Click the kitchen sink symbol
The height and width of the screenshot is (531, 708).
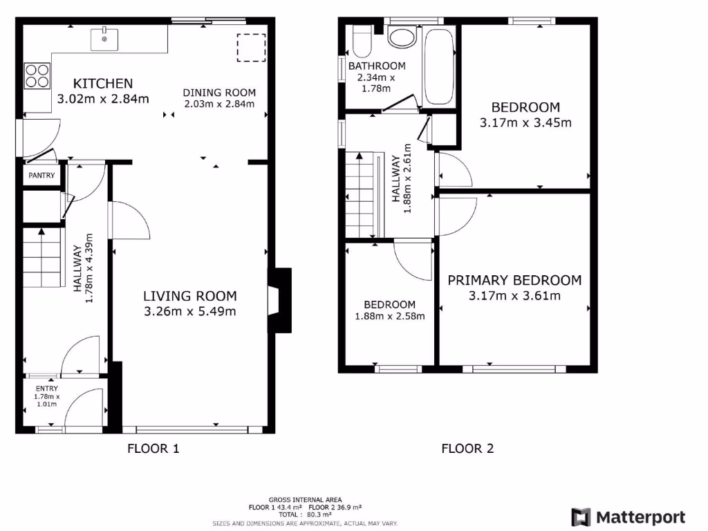pyautogui.click(x=104, y=38)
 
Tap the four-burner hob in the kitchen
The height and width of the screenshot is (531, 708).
pyautogui.click(x=37, y=75)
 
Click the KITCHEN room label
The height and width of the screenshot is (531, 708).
pyautogui.click(x=103, y=84)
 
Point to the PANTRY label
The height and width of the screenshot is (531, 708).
pyautogui.click(x=41, y=176)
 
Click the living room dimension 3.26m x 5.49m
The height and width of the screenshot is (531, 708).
pyautogui.click(x=190, y=311)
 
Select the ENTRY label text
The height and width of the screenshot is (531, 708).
pyautogui.click(x=48, y=389)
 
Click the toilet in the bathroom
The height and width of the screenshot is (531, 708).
pyautogui.click(x=362, y=42)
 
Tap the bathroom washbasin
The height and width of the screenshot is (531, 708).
pyautogui.click(x=402, y=37)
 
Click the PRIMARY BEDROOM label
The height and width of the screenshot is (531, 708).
pyautogui.click(x=514, y=280)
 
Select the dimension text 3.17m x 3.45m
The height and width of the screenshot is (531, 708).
pyautogui.click(x=525, y=123)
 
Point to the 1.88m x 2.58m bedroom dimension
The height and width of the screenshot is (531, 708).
pyautogui.click(x=390, y=316)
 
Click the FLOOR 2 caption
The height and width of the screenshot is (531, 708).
pyautogui.click(x=467, y=449)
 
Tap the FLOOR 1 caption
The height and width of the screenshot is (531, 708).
pyautogui.click(x=153, y=449)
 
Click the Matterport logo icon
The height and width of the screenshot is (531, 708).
pyautogui.click(x=580, y=516)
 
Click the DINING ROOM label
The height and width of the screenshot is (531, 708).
pyautogui.click(x=219, y=93)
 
